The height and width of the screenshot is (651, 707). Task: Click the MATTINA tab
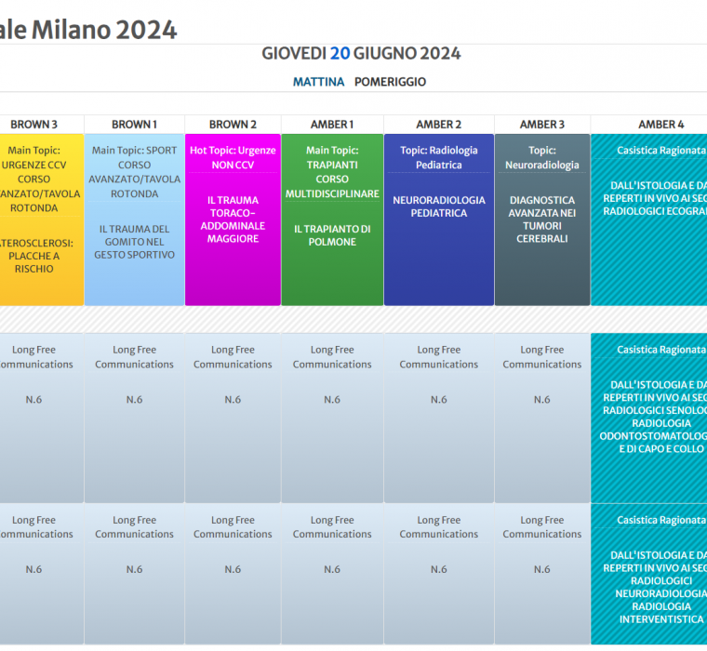318,82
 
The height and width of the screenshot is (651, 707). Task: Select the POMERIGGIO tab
390,82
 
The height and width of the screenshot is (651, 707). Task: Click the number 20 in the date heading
340,53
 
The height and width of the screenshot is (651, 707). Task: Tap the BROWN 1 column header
134,125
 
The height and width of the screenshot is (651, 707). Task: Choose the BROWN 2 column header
233,125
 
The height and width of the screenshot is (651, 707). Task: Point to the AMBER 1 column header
332,125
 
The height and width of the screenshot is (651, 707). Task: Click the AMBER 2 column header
439,125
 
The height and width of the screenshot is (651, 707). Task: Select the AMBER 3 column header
542,125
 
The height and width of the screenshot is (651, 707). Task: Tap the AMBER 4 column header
660,125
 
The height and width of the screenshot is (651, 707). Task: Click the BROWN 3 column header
34,125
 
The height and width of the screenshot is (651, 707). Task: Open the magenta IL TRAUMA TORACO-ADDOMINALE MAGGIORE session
233,219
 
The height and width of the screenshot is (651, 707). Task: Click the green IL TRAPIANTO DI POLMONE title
332,235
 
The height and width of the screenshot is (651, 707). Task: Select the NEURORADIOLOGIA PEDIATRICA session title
439,206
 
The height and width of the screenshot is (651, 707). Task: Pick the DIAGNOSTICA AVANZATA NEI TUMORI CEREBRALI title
542,219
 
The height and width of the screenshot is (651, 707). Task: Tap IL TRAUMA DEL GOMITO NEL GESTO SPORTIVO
134,242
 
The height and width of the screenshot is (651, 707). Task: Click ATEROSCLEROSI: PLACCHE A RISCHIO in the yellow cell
34,256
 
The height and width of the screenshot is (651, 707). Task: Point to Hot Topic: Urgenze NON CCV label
233,157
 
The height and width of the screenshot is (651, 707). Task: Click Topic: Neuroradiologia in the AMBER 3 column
542,157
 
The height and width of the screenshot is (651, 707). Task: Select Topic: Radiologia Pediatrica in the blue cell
439,157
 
